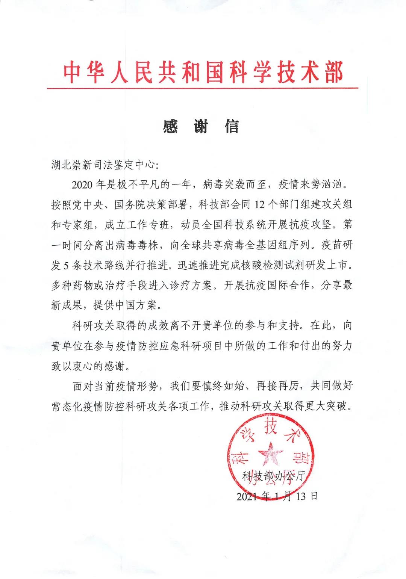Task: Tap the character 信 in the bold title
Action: [x=232, y=127]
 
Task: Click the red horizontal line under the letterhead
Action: [x=203, y=89]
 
